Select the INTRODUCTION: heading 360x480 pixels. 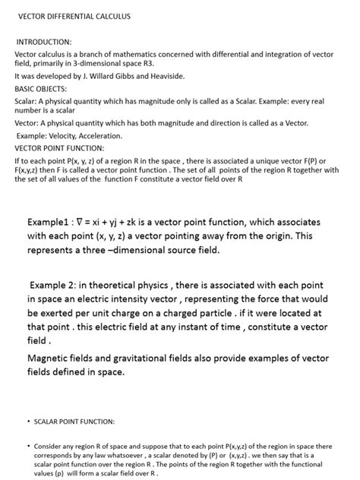[44, 42]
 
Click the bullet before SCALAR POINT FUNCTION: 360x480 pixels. [28, 421]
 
